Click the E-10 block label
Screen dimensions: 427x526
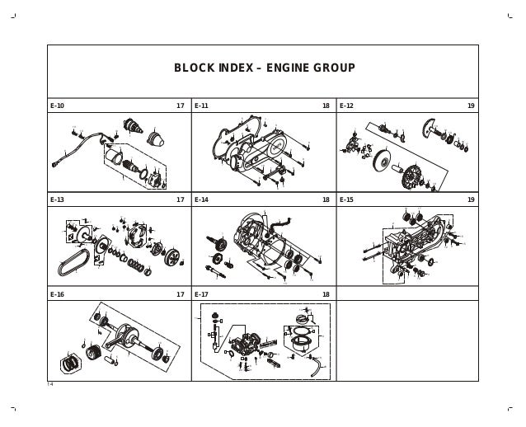pos(57,106)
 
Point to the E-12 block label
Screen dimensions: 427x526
pos(346,106)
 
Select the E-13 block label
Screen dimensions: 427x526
pos(57,199)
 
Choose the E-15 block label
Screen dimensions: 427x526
pos(346,199)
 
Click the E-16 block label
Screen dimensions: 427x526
pos(57,293)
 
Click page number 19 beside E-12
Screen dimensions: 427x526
pos(471,106)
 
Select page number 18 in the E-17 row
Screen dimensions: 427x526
pos(326,293)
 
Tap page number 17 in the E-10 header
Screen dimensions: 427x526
pos(181,106)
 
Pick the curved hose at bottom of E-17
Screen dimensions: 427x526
pos(313,368)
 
